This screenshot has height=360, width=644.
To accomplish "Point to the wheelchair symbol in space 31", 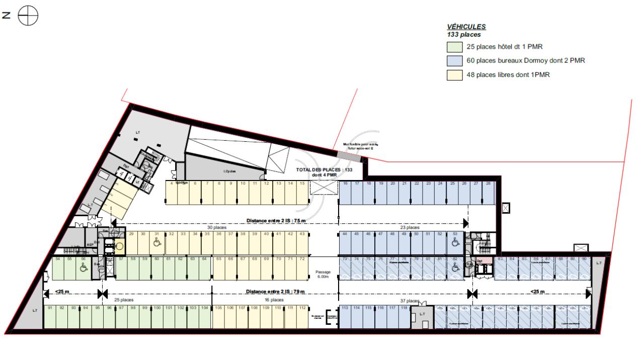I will click(x=157, y=243).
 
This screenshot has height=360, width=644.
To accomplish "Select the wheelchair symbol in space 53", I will click(x=455, y=242).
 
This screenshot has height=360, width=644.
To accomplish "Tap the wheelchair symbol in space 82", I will click(x=455, y=267).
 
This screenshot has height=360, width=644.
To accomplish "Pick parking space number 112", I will click(x=302, y=317).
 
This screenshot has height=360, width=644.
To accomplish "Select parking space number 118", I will click(x=404, y=317).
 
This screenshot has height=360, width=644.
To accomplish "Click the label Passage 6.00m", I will click(x=323, y=274).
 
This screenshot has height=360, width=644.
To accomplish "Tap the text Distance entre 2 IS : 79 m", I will click(x=275, y=292).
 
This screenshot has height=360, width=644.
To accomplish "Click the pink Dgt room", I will click(x=480, y=261).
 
